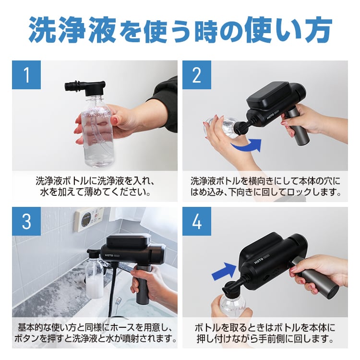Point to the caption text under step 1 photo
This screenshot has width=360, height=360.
94,187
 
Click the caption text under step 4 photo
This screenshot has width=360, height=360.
264,334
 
